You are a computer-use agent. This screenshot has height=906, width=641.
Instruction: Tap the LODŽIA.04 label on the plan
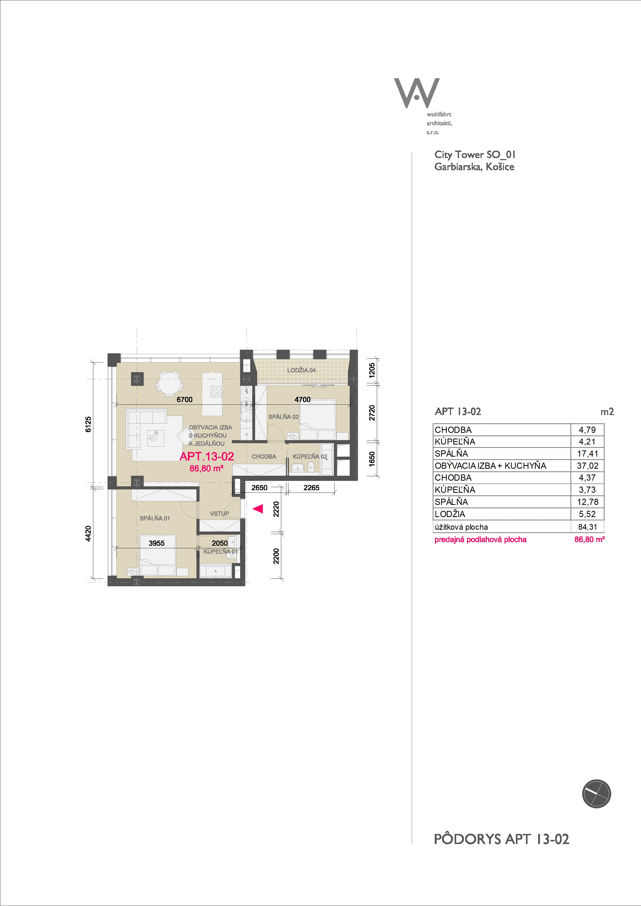click(301, 370)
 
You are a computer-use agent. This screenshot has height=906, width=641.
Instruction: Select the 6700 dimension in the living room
click(185, 399)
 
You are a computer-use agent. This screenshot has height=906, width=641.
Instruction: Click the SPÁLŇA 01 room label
click(155, 518)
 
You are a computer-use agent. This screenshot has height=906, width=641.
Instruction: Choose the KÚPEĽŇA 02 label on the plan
click(310, 457)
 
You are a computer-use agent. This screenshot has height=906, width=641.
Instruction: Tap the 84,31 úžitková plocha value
click(588, 527)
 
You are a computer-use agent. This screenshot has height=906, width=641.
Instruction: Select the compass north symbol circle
click(596, 794)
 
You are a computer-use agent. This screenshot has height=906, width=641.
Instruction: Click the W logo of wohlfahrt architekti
click(417, 93)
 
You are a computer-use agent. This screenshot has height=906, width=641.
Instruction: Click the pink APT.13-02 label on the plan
click(207, 457)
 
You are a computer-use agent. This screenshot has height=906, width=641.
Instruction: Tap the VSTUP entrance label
click(220, 513)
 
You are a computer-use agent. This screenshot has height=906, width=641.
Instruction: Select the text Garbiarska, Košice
click(474, 167)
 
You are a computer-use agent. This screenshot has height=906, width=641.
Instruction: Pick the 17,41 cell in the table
click(588, 454)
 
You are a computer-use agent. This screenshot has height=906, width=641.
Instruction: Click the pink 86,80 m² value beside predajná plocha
click(590, 540)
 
